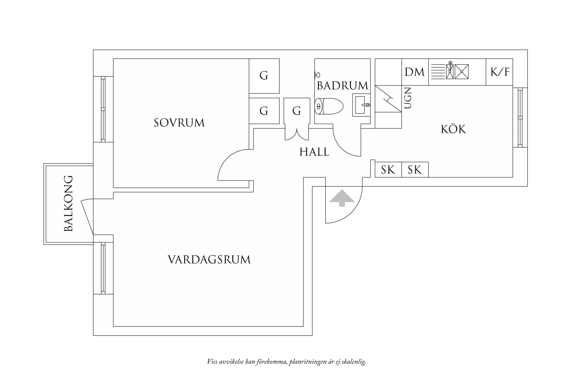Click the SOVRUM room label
(x=179, y=123)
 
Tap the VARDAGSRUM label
(x=209, y=259)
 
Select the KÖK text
(x=453, y=129)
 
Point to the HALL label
(x=314, y=152)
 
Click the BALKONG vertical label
(x=69, y=203)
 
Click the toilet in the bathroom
(x=329, y=106)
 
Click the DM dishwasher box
(x=415, y=72)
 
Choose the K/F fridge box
(x=500, y=72)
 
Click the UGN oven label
(x=408, y=98)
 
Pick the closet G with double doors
(x=296, y=111)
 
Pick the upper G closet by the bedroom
(x=264, y=76)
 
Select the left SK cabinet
(x=388, y=170)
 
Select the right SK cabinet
(x=415, y=170)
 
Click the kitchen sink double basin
(x=457, y=72)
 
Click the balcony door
(x=87, y=216)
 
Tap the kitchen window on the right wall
(x=520, y=118)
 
